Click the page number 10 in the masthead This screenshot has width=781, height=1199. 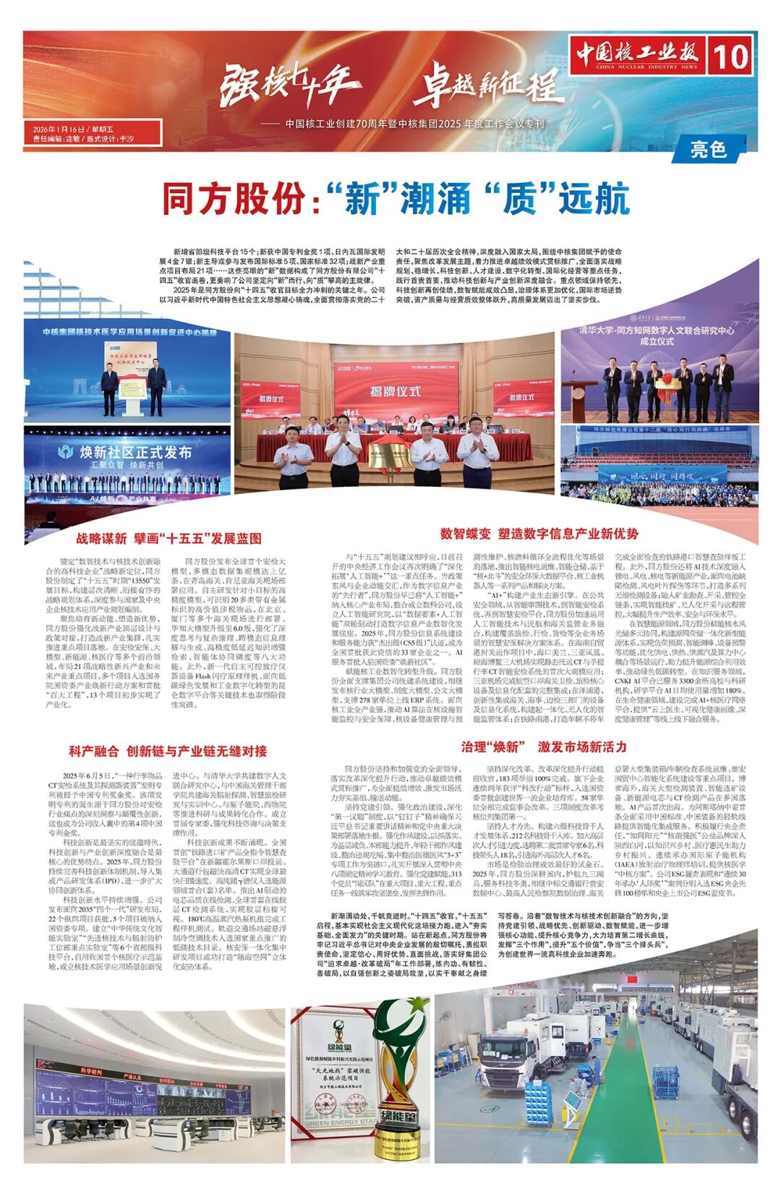[731, 56]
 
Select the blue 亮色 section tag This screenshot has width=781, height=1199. [708, 149]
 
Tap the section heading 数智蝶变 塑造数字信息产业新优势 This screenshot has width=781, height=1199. [539, 534]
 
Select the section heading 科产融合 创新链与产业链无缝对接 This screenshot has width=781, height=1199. [168, 751]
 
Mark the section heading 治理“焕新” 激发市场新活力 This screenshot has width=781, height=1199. [544, 747]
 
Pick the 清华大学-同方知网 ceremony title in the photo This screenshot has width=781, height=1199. [656, 335]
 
